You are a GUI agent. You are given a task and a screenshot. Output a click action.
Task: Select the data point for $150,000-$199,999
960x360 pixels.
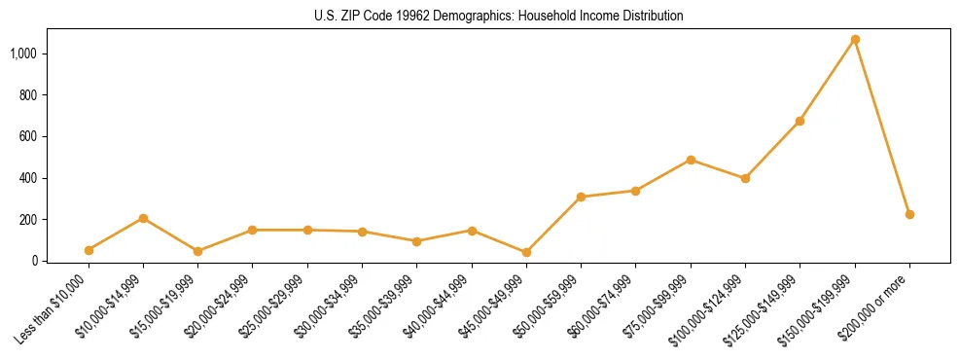coord(855,40)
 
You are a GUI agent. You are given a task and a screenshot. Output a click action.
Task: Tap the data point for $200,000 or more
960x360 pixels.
coord(909,214)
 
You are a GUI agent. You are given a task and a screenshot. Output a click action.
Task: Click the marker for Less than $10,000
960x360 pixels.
coord(89,250)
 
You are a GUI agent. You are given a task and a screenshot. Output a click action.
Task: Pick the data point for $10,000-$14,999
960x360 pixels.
coord(143,218)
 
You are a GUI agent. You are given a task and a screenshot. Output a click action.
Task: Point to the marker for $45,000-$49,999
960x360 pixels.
coord(526,252)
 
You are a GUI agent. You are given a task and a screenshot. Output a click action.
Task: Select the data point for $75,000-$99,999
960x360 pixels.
coord(691,160)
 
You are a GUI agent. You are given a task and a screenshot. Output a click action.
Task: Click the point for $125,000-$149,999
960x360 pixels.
coord(800,121)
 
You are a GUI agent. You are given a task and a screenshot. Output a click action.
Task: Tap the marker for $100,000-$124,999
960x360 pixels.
coord(745,178)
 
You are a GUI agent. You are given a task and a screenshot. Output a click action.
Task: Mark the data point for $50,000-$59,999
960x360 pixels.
coord(581,197)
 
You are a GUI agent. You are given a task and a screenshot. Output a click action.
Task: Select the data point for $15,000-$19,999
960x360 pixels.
coord(197,251)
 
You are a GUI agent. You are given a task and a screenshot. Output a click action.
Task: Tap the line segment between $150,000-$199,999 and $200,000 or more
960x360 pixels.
coord(882,127)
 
